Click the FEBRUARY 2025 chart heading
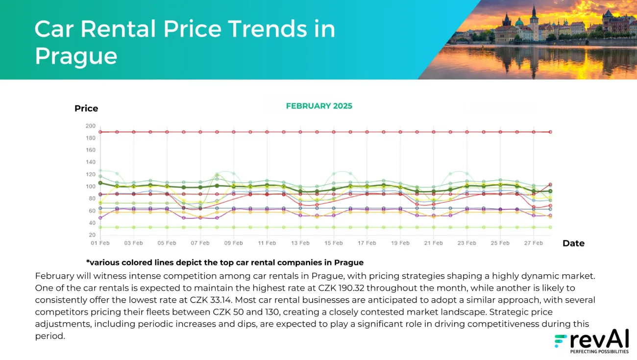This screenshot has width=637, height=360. tap(319, 106)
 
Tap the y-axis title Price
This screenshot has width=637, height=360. tap(86, 108)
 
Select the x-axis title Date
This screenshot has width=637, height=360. tap(573, 243)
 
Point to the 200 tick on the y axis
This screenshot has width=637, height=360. tap(90, 126)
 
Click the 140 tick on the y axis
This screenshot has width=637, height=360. tap(90, 162)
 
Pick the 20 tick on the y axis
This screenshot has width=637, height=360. tap(92, 235)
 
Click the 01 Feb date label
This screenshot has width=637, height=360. tap(100, 243)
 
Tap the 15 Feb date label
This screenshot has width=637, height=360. tap(333, 243)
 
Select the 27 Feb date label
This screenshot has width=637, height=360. tap(533, 243)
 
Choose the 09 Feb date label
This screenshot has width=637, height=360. tap(233, 243)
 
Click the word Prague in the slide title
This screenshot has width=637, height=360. tap(76, 56)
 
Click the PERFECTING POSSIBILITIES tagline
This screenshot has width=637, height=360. tap(599, 351)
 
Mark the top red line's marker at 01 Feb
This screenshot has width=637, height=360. tap(100, 132)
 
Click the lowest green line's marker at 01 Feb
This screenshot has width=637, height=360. tap(100, 227)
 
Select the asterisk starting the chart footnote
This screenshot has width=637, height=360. tap(88, 263)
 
